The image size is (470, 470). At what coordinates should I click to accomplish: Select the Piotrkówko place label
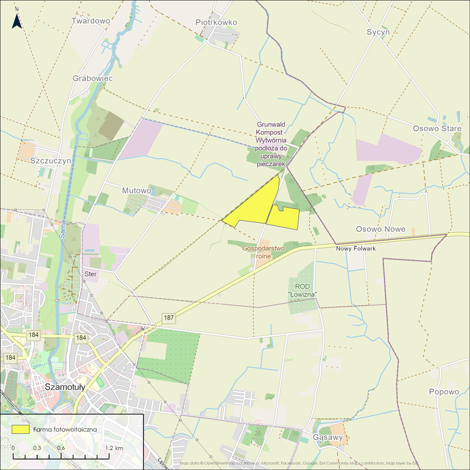pyautogui.click(x=216, y=22)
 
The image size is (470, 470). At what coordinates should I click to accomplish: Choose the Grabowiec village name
pyautogui.click(x=92, y=78)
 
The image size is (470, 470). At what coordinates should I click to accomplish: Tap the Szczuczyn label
pyautogui.click(x=51, y=161)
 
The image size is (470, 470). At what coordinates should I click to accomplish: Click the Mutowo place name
pyautogui.click(x=136, y=191)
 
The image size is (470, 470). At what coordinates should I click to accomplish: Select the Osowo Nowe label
pyautogui.click(x=381, y=229)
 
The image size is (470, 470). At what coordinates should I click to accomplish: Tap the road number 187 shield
pyautogui.click(x=168, y=317)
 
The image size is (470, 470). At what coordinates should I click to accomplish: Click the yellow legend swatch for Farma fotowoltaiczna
pyautogui.click(x=21, y=429)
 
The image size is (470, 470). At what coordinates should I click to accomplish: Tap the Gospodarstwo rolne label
pyautogui.click(x=263, y=252)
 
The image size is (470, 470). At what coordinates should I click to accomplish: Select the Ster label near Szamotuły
pyautogui.click(x=90, y=274)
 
